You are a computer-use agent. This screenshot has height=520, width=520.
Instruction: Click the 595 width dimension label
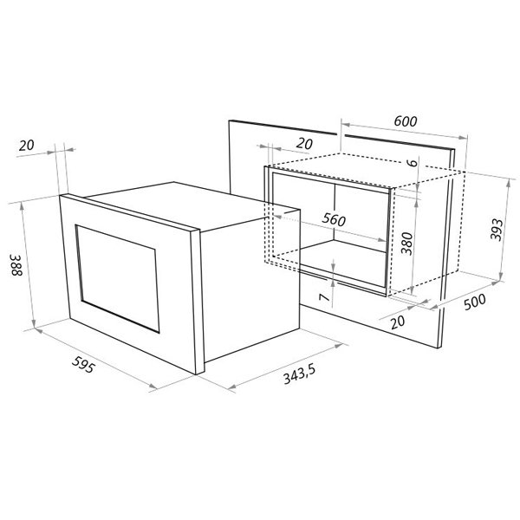pyautogui.click(x=83, y=364)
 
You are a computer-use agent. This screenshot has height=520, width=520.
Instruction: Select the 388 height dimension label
pyautogui.click(x=16, y=265)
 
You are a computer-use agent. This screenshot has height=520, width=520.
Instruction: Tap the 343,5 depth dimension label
pyautogui.click(x=299, y=374)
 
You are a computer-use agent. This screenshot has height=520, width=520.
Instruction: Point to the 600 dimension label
pyautogui.click(x=406, y=121)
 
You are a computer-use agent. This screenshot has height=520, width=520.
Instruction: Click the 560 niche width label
pyautogui.click(x=334, y=219)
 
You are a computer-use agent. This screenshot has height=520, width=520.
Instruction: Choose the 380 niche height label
pyautogui.click(x=406, y=243)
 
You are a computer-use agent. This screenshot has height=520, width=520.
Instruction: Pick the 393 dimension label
pyautogui.click(x=497, y=230)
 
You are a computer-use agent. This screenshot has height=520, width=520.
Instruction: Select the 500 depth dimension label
pyautogui.click(x=475, y=302)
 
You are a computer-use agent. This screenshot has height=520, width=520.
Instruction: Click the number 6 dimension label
pyautogui.click(x=413, y=163)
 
